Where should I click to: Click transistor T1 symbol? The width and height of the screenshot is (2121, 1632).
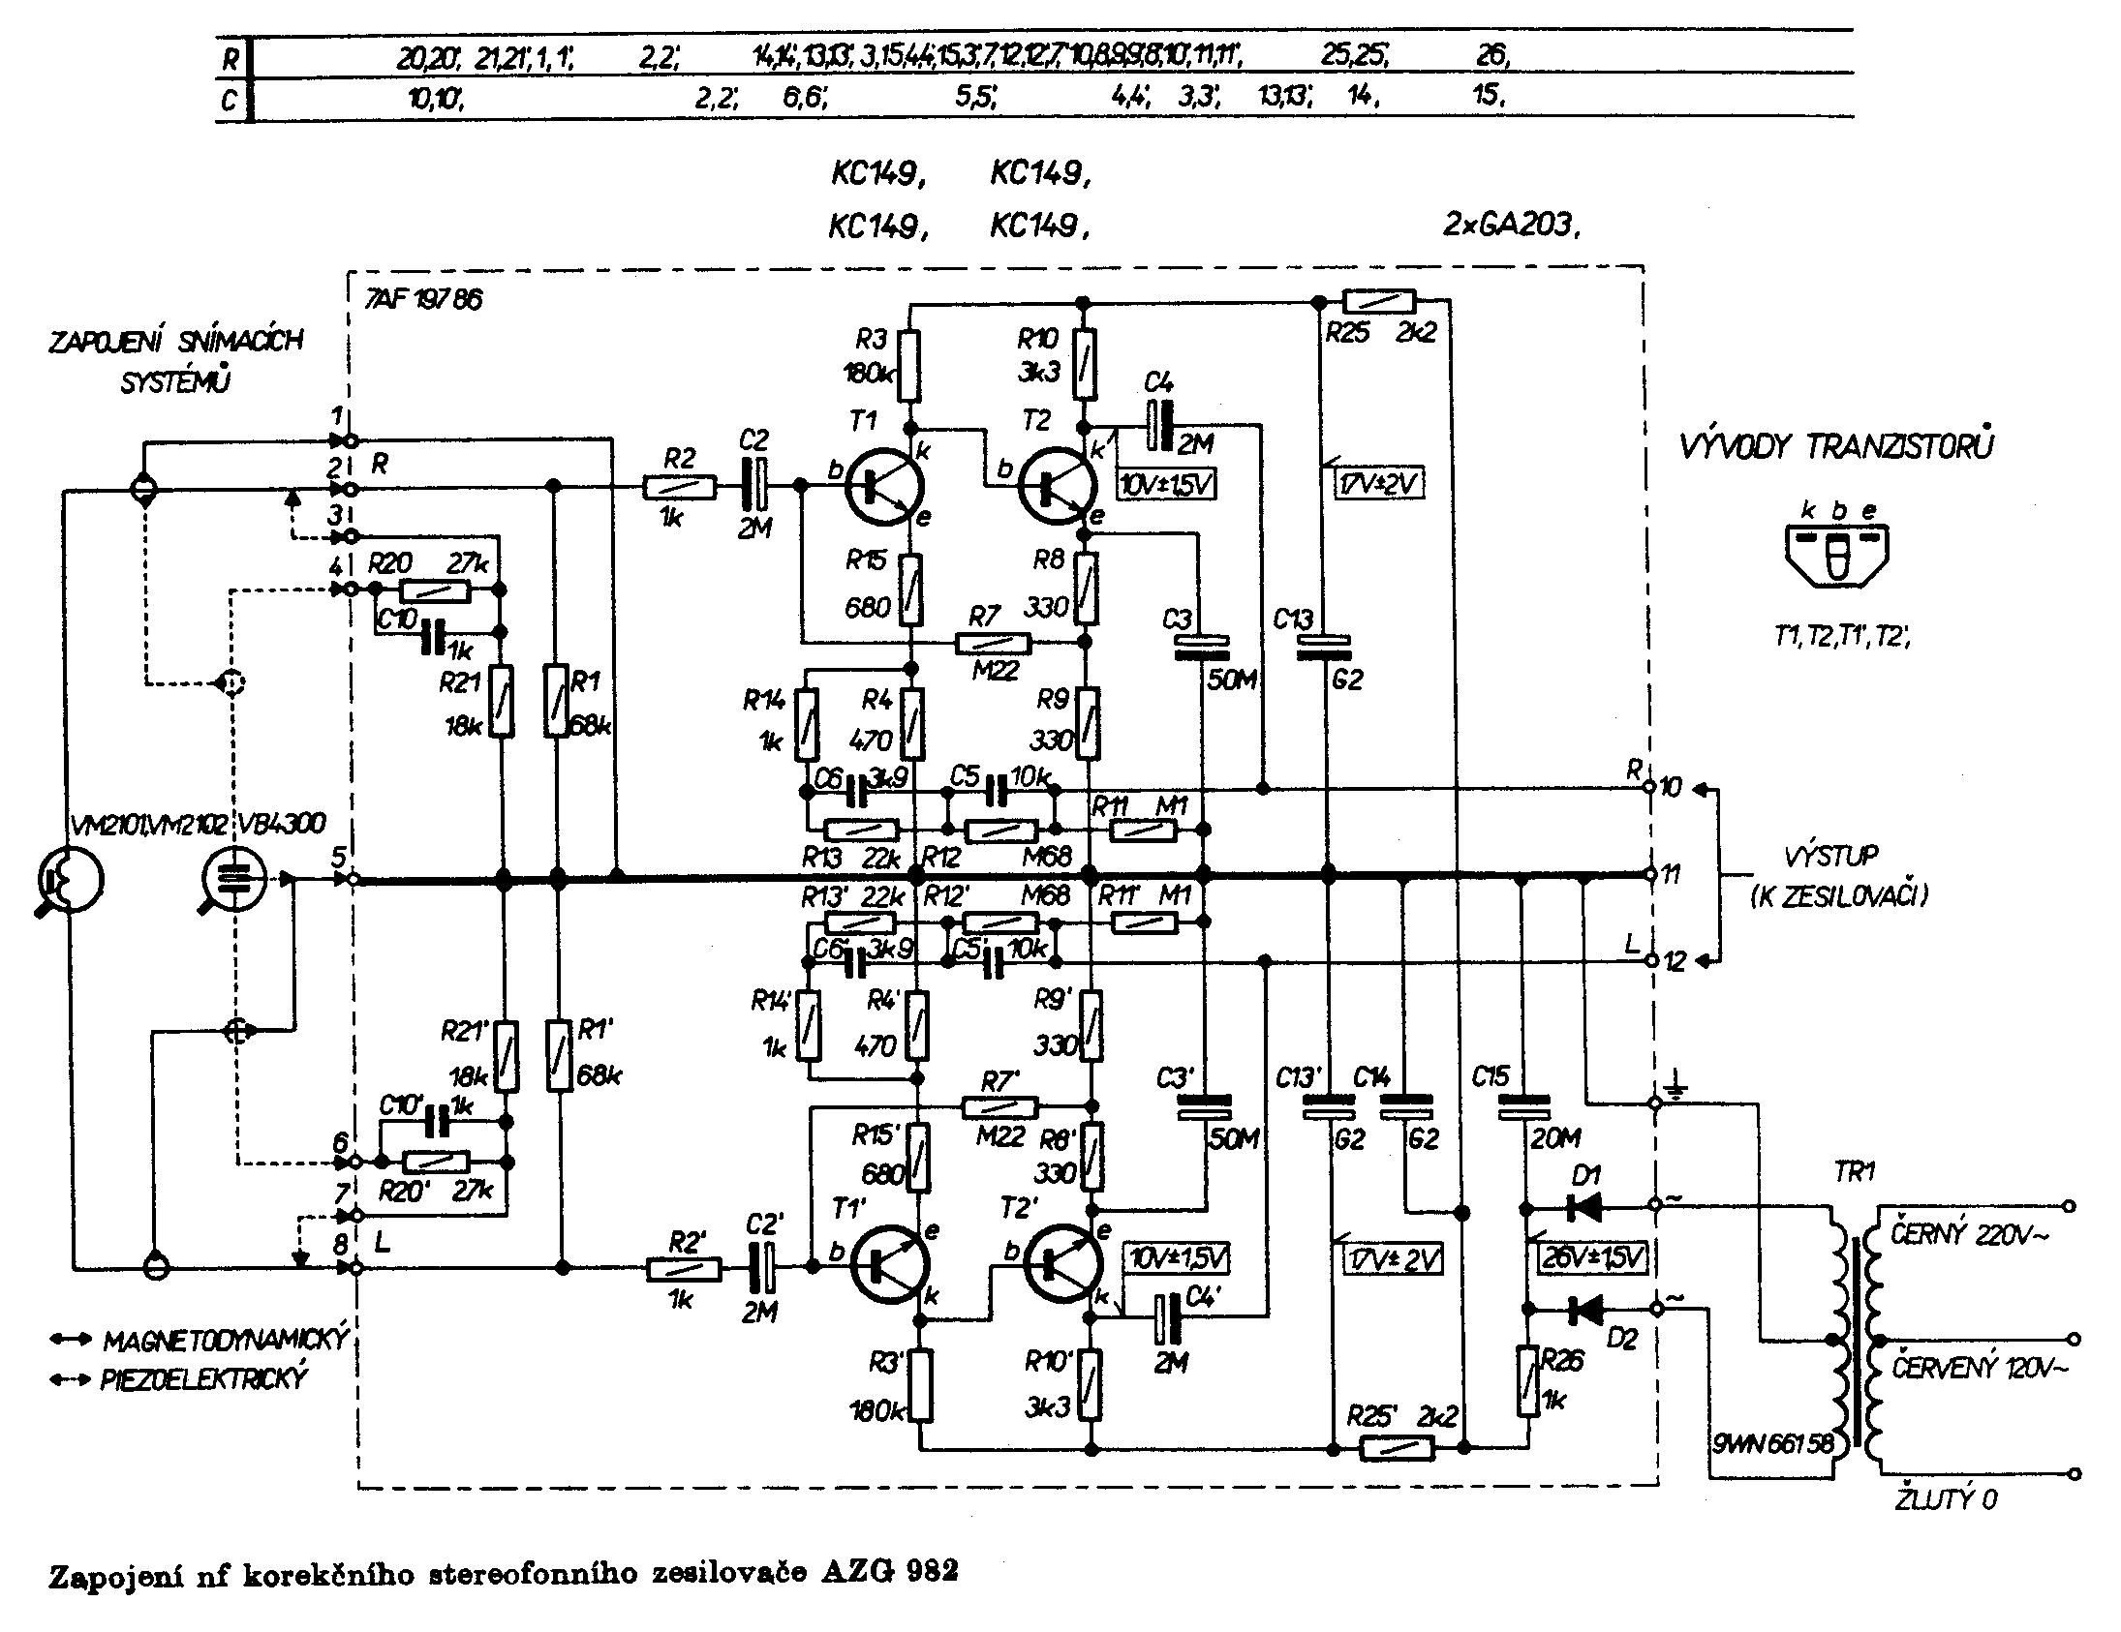point(882,486)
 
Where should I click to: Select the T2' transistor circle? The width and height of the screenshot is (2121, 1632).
point(1063,1262)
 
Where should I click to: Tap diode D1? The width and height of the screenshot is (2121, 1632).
point(1584,1207)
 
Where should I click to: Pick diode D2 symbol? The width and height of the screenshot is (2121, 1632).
point(1584,1311)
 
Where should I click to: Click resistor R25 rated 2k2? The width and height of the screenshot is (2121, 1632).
point(1378,301)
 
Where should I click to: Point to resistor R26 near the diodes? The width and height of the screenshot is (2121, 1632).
point(1529,1379)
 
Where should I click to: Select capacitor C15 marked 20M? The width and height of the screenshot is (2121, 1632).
point(1523,1106)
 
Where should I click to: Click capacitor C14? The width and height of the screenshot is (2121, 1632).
point(1405,1106)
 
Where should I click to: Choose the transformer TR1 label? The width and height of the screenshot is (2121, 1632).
point(1853,1172)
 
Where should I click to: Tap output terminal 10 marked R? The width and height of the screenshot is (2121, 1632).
point(1649,788)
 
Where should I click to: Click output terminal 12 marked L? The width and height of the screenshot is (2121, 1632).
point(1649,960)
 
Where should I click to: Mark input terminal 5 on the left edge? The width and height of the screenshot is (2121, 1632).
point(354,879)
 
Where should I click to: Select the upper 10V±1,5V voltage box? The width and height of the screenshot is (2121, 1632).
point(1167,483)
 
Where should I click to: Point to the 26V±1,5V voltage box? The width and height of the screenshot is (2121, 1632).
point(1593,1258)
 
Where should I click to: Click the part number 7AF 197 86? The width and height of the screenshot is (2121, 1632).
point(423,299)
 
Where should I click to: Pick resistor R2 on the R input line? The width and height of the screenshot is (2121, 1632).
point(679,487)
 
